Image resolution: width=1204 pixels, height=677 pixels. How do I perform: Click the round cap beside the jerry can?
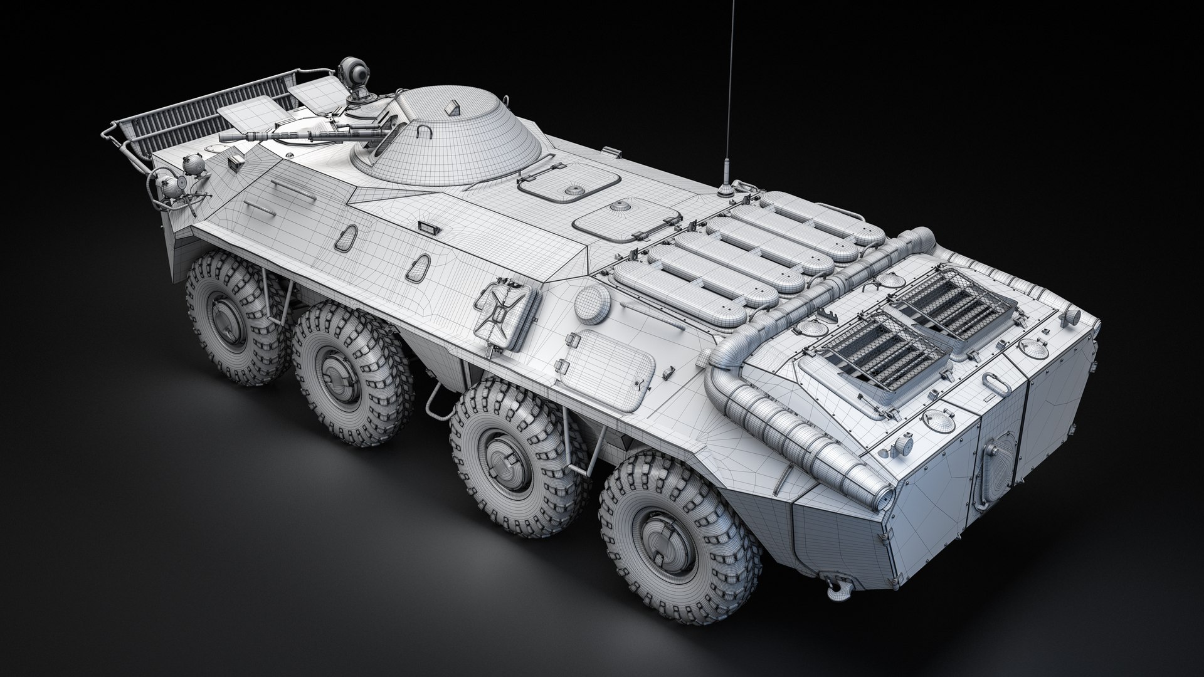592,303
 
